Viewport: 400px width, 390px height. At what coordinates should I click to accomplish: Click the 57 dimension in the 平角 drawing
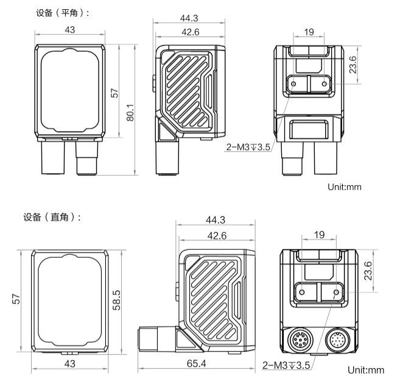pyautogui.click(x=114, y=93)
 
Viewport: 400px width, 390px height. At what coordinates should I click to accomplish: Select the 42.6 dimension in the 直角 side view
pyautogui.click(x=216, y=235)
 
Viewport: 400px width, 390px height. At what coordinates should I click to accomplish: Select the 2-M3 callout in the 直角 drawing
pyautogui.click(x=286, y=366)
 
